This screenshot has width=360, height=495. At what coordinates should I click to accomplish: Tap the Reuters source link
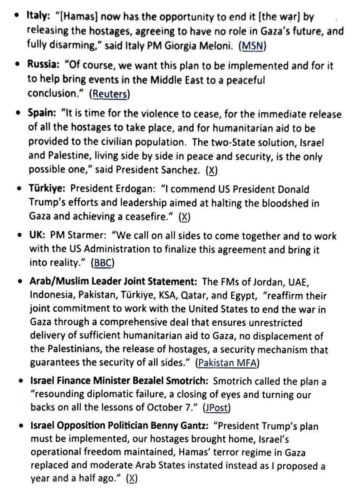110,94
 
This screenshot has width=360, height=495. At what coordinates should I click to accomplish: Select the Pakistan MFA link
228,363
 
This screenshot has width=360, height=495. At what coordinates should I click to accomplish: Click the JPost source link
217,408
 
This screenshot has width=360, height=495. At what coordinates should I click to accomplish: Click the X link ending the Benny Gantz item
132,479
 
